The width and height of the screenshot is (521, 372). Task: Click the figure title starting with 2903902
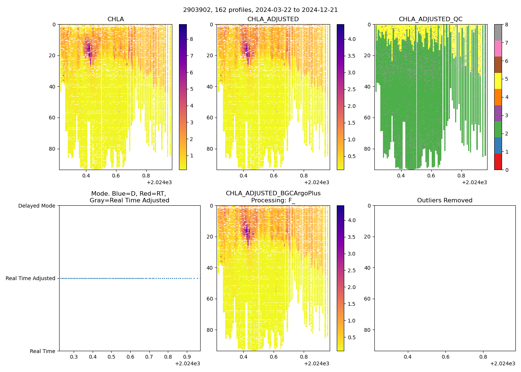pos(260,10)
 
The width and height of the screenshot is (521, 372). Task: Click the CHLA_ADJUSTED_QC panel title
pos(431,19)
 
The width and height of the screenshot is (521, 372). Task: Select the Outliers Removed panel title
pos(445,201)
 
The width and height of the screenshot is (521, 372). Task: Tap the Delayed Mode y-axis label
pos(36,206)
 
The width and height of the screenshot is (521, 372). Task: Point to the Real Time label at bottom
pos(42,351)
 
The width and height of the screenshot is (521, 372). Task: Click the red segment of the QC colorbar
pos(498,162)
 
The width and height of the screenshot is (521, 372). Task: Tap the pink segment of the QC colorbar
pos(498,48)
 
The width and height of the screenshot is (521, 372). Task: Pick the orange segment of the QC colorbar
pos(498,97)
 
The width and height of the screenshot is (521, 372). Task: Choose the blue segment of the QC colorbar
pos(498,145)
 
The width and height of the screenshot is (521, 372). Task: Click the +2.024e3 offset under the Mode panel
pos(188,363)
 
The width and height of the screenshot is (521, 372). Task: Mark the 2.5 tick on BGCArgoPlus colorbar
pos(351,270)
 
